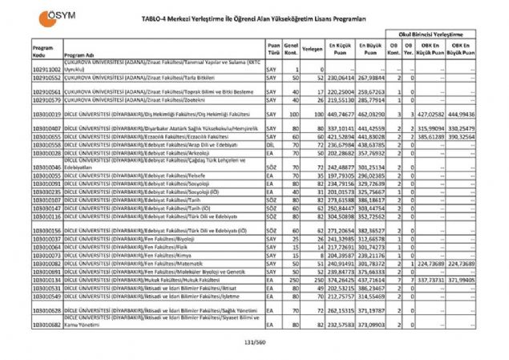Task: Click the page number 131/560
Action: coord(253,343)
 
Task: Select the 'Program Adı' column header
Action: coord(79,55)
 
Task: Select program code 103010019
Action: coord(46,115)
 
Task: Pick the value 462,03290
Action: coord(373,115)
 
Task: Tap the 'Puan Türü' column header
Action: coord(274,48)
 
